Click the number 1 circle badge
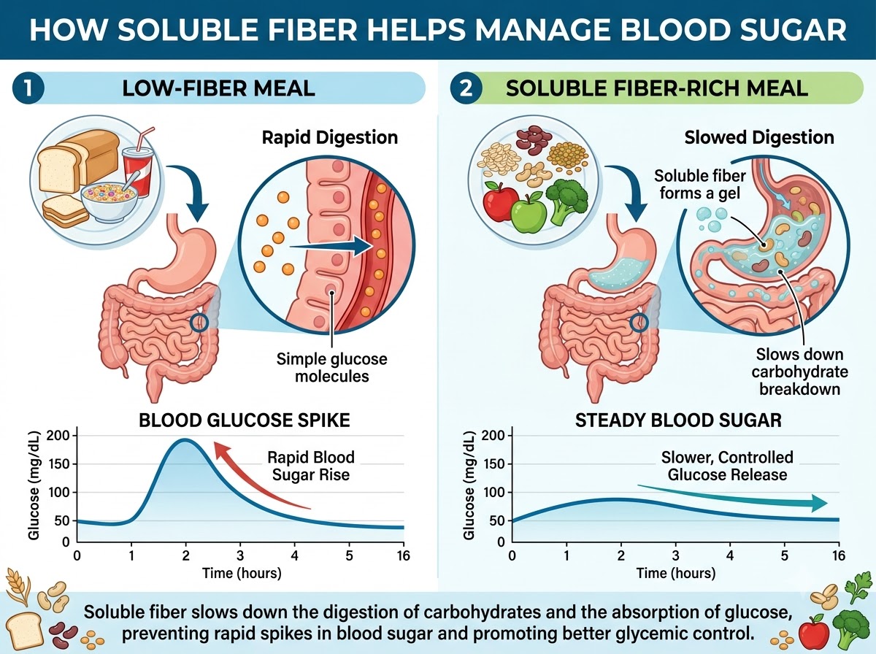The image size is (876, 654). click(x=28, y=88)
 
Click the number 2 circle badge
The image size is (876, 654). click(x=466, y=88)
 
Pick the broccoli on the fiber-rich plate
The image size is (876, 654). click(x=566, y=201)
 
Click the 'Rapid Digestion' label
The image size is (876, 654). click(x=330, y=138)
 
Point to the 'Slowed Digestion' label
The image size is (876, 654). click(x=759, y=138)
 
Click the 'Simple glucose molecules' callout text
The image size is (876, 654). click(x=331, y=367)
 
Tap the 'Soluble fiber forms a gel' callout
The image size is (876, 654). click(x=700, y=185)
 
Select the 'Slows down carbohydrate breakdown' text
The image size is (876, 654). click(x=799, y=372)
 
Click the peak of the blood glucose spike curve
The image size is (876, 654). click(x=185, y=439)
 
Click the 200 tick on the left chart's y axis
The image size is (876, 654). click(x=58, y=435)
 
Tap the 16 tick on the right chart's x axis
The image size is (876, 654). click(x=839, y=556)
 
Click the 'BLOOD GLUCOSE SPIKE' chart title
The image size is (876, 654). click(x=245, y=420)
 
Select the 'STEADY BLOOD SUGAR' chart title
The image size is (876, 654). click(x=678, y=420)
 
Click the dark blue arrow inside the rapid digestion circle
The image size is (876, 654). click(x=332, y=246)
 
